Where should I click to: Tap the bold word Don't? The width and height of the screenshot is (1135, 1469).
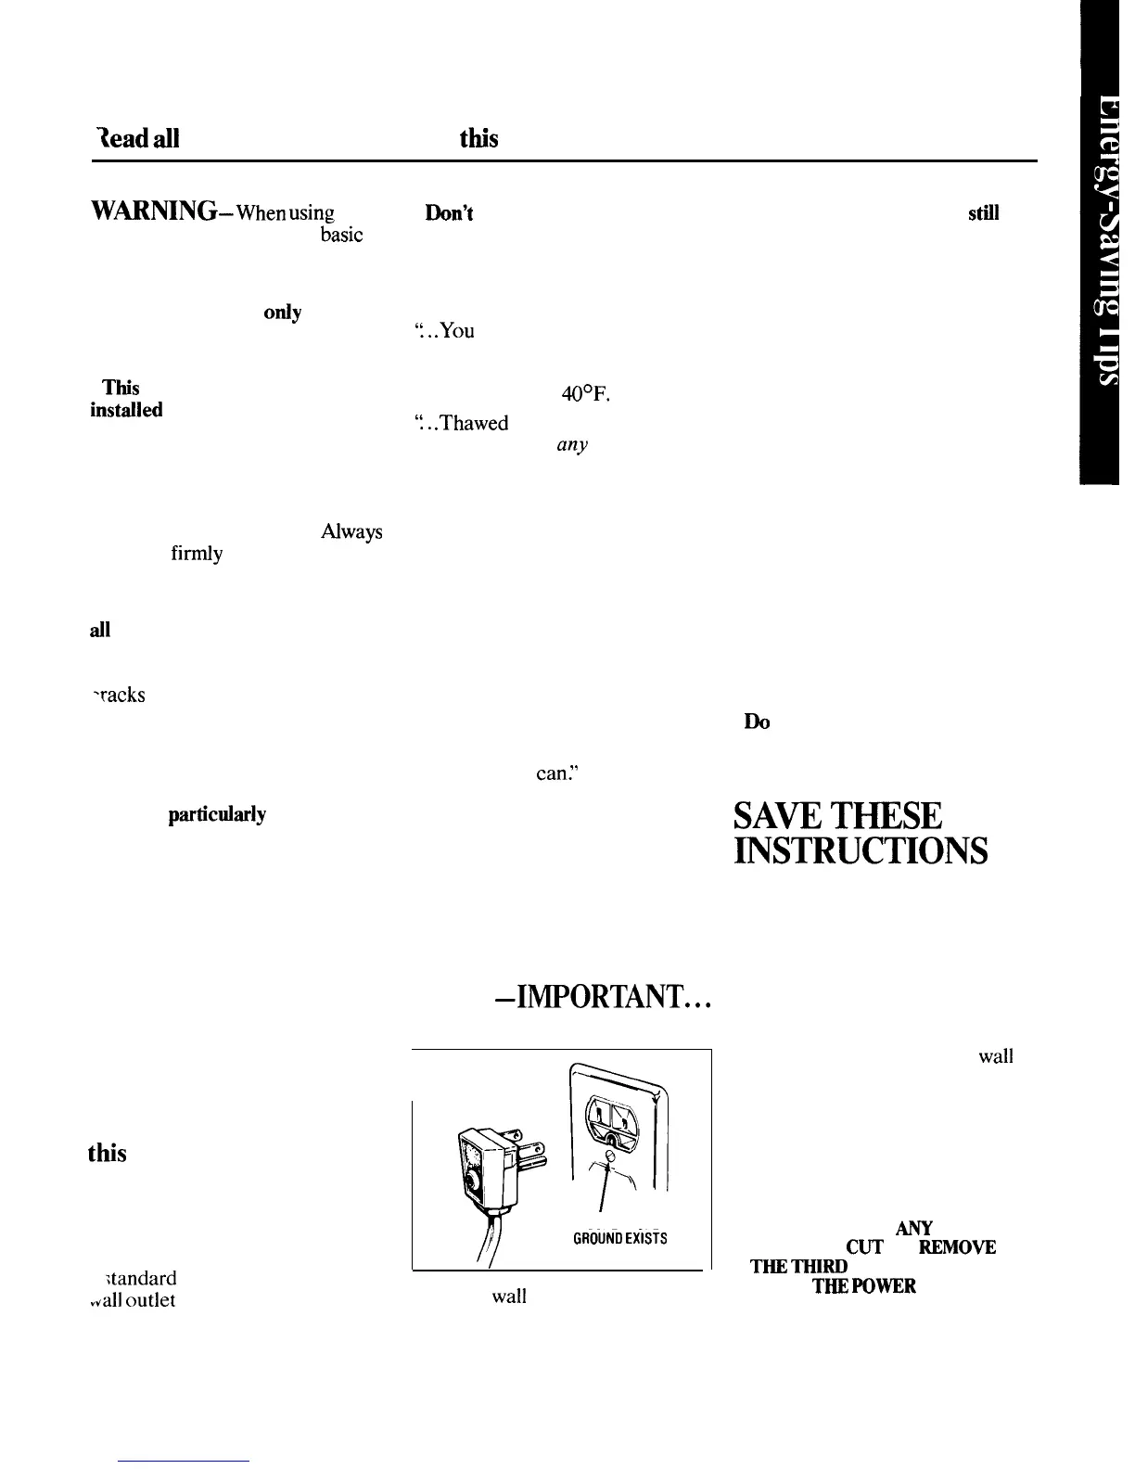(x=449, y=212)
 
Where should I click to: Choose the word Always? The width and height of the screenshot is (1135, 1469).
(x=351, y=532)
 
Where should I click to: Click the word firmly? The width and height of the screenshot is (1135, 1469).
(x=197, y=555)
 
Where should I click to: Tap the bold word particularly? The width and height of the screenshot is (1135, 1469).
(x=217, y=814)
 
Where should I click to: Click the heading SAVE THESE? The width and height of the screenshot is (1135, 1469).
(x=837, y=816)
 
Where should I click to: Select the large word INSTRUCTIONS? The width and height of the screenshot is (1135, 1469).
(x=860, y=851)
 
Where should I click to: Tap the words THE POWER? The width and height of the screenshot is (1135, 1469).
(x=864, y=1286)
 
